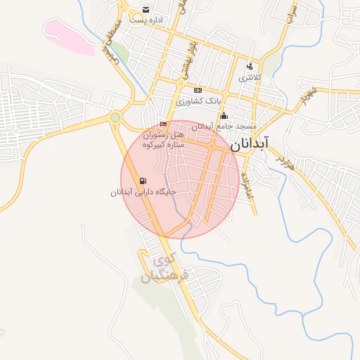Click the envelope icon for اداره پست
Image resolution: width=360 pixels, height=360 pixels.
[146, 10]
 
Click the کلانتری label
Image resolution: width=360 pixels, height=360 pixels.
[251, 77]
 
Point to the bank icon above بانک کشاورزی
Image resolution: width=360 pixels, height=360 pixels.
[198, 90]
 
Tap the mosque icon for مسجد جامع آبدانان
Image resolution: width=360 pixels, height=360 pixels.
[224, 116]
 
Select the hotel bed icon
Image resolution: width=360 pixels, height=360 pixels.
[164, 124]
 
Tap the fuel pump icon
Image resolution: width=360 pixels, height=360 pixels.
[143, 180]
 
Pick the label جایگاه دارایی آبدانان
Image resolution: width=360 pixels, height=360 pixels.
[143, 191]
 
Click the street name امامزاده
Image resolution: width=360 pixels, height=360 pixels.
[246, 185]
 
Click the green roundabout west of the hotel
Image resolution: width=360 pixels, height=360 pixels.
[115, 117]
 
